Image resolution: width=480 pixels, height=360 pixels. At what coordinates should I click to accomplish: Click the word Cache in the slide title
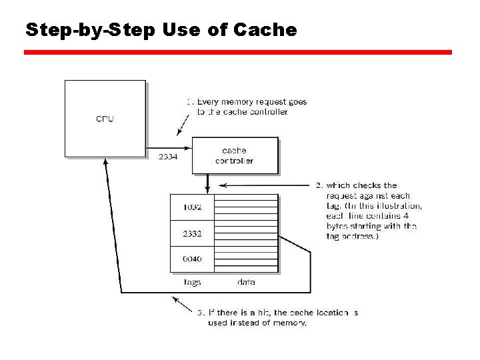265,30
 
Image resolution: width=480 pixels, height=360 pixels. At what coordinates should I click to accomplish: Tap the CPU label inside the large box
105,119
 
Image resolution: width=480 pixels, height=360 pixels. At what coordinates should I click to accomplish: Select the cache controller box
235,156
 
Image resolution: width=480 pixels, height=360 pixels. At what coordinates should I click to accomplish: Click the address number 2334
168,157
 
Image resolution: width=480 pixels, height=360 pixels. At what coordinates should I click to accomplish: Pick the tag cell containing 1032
192,207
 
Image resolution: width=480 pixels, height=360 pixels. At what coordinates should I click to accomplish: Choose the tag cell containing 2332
192,233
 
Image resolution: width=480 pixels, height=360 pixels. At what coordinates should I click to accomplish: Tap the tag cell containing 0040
192,259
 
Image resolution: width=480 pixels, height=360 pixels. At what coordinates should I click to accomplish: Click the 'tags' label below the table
192,282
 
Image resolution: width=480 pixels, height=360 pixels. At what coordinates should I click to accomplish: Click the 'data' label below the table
246,282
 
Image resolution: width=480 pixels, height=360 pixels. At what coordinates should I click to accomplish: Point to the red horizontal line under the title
238,52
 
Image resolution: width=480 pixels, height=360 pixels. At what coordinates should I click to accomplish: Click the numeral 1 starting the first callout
189,102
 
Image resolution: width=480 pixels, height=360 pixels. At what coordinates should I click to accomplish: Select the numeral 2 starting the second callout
319,185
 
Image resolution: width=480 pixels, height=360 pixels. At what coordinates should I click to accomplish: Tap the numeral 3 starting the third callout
200,312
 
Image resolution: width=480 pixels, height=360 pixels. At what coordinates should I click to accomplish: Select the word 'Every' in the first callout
209,102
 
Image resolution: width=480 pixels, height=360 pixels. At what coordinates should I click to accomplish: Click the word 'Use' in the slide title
187,30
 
